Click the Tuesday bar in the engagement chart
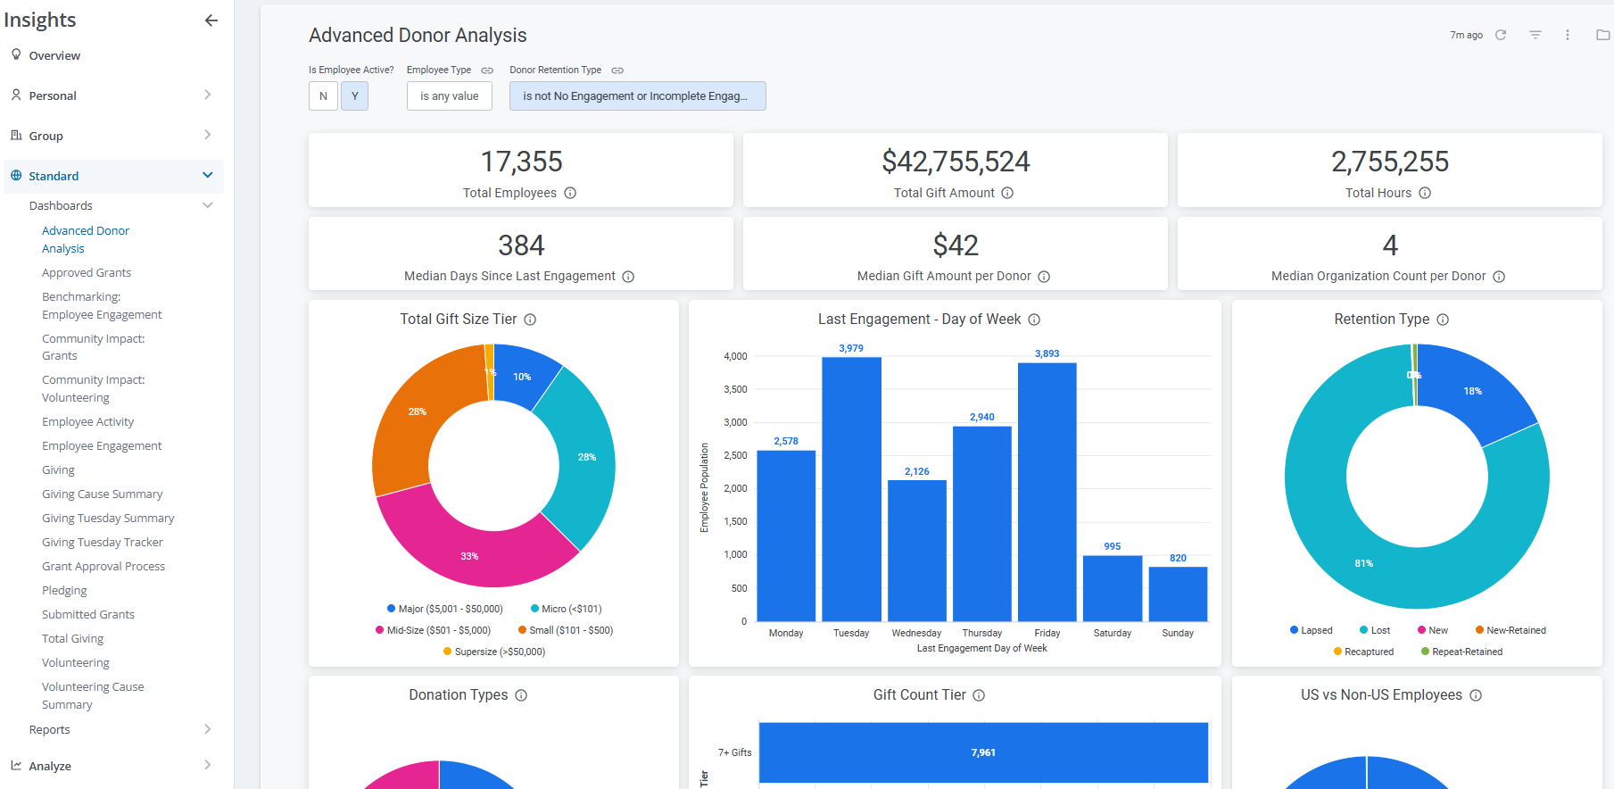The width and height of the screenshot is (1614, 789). click(851, 489)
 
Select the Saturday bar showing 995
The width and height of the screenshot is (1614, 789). click(1113, 588)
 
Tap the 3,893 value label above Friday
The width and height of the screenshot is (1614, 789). click(1047, 353)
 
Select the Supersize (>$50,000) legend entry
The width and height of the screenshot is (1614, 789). click(494, 652)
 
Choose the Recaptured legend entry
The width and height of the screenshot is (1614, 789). click(1363, 652)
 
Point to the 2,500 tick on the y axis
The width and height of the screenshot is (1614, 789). click(735, 455)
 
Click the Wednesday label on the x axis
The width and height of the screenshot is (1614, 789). click(916, 633)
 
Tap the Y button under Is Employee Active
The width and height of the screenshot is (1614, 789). click(354, 96)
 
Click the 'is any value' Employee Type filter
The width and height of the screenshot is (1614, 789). click(450, 96)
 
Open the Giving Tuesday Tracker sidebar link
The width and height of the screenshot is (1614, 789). click(103, 542)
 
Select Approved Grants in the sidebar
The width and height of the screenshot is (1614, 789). click(87, 272)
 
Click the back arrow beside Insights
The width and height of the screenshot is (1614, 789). click(211, 21)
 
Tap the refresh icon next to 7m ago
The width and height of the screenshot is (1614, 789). click(1501, 35)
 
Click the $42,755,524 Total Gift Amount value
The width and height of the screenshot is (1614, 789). click(956, 162)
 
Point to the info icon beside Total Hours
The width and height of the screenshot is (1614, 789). click(1425, 193)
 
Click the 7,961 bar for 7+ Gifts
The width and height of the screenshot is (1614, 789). click(983, 752)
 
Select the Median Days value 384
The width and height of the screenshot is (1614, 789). click(521, 245)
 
